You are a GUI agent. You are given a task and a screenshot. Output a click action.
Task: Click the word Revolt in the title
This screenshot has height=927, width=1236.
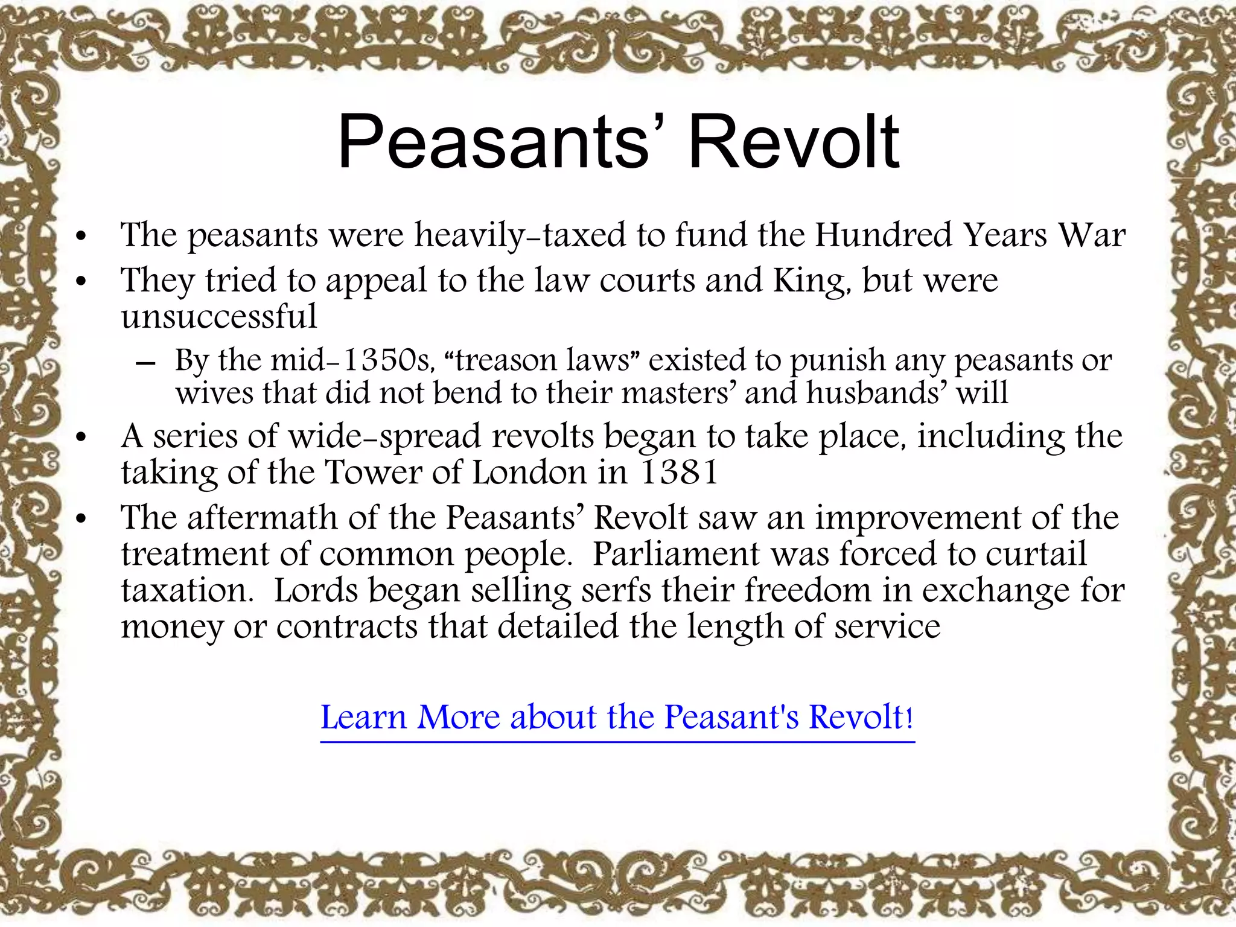(794, 142)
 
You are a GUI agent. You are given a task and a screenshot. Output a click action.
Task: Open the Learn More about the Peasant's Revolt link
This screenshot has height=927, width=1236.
(617, 718)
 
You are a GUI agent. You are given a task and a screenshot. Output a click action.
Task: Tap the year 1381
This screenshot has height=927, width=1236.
(679, 472)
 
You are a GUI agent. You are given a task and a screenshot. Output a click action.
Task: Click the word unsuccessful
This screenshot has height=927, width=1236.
(218, 316)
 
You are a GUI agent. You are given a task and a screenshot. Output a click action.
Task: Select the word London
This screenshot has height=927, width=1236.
(529, 472)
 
